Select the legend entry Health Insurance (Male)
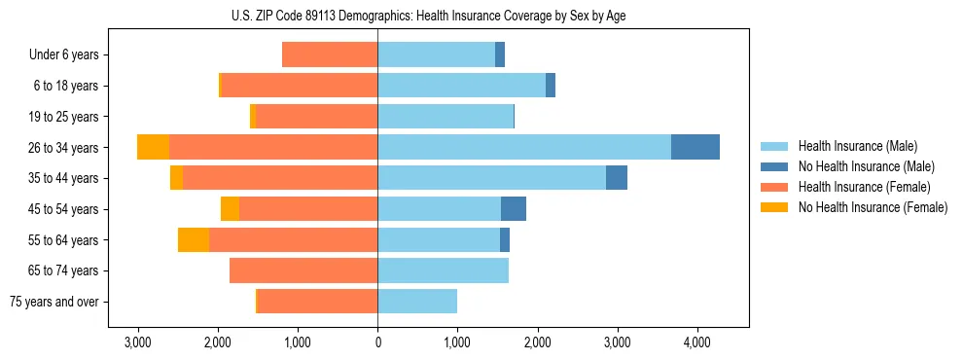[852, 146]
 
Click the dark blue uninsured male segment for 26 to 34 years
[695, 147]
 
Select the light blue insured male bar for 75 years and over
[417, 302]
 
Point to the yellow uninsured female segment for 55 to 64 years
[193, 239]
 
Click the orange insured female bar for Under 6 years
[330, 54]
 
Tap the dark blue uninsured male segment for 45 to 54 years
[513, 208]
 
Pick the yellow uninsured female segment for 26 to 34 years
[153, 147]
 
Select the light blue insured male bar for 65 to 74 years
[443, 270]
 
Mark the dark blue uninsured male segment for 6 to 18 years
[551, 86]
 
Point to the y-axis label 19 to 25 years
[65, 117]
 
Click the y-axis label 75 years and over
[53, 302]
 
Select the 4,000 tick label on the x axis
[696, 342]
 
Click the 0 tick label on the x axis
[377, 342]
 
